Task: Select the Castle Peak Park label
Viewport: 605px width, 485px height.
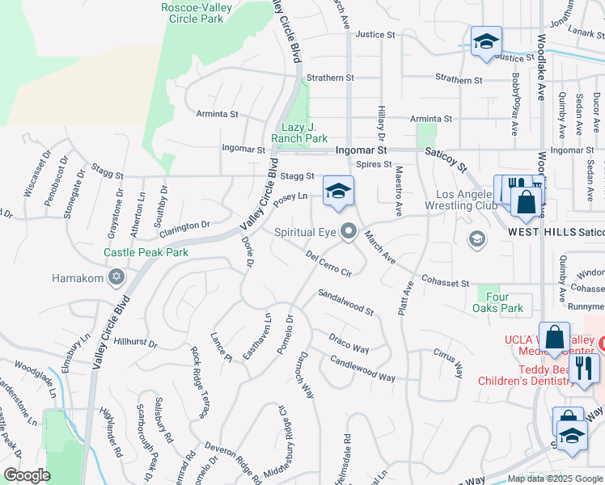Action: coord(146,253)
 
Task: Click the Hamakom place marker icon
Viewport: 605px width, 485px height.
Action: coord(116,278)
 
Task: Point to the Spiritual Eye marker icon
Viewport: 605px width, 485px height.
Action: coord(349,232)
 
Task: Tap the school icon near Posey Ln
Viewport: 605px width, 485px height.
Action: coord(339,191)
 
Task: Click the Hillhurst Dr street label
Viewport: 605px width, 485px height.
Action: coord(135,343)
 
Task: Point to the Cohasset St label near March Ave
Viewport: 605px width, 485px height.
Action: coord(445,282)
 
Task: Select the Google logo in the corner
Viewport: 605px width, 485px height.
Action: coord(27,474)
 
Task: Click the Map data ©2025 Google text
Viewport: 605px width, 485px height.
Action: coord(554,479)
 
